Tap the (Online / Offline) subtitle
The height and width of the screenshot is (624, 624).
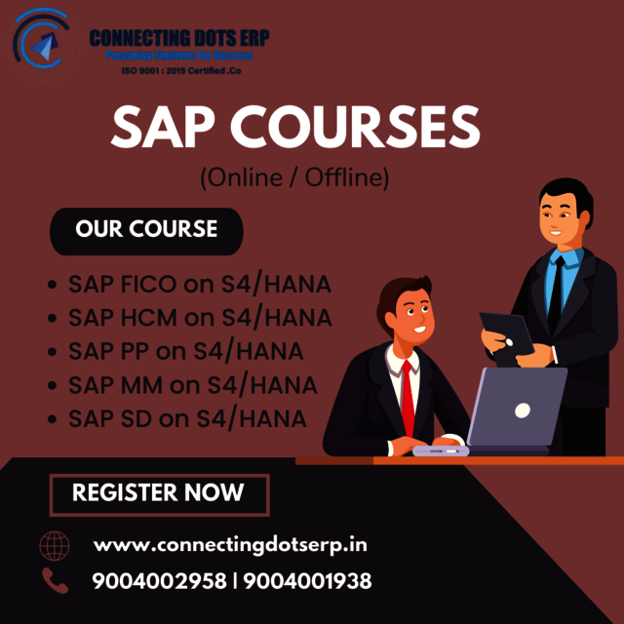point(294,177)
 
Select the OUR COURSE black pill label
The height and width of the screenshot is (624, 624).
point(146,231)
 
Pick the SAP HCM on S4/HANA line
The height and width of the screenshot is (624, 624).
point(200,318)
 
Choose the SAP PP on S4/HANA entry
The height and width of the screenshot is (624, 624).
point(185,351)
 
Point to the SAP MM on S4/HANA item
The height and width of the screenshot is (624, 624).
point(192,384)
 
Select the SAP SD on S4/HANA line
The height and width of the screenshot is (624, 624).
point(187,418)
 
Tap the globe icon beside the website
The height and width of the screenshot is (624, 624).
point(54,544)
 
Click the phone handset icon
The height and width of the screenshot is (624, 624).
point(54,581)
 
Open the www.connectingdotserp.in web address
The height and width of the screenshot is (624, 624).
point(230,544)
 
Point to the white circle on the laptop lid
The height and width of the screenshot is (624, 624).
point(523,409)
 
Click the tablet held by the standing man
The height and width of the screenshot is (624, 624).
point(505,332)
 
